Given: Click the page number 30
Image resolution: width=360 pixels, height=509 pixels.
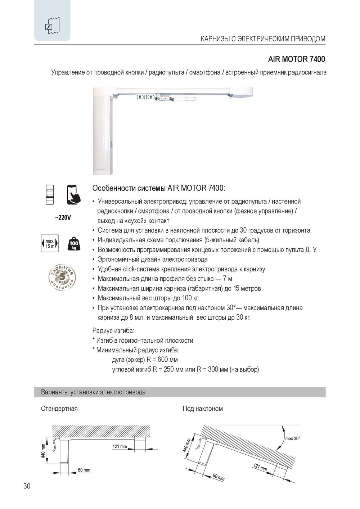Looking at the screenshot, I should [27, 486].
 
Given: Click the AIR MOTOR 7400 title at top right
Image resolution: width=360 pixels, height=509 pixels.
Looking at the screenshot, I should [296, 59].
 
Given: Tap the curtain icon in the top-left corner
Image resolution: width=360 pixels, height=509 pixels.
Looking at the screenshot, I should [52, 26].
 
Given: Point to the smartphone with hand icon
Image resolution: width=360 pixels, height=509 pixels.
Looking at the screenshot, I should [74, 195].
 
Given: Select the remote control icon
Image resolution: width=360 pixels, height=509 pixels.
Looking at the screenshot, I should [50, 195].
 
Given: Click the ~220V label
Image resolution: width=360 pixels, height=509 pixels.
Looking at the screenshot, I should [63, 217].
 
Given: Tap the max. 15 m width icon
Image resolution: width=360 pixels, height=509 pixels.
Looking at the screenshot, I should [50, 244].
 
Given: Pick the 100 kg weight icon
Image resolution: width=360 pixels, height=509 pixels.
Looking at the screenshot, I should [74, 244].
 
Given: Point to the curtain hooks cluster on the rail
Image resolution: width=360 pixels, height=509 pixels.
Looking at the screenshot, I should [145, 97].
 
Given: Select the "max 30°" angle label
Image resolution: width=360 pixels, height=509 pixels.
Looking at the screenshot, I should [292, 438].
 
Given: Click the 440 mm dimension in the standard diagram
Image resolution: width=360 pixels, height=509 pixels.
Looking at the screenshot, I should [43, 451].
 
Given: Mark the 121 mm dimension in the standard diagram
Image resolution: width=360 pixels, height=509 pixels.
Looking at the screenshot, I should [120, 447].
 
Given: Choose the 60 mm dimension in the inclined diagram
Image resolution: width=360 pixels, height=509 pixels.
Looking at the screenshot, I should [218, 477].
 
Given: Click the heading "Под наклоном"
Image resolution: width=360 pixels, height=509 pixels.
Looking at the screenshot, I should [203, 409].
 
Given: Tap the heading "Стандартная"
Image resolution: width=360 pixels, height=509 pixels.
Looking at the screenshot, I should [59, 409].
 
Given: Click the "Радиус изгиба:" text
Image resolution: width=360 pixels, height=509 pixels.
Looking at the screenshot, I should [113, 330].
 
